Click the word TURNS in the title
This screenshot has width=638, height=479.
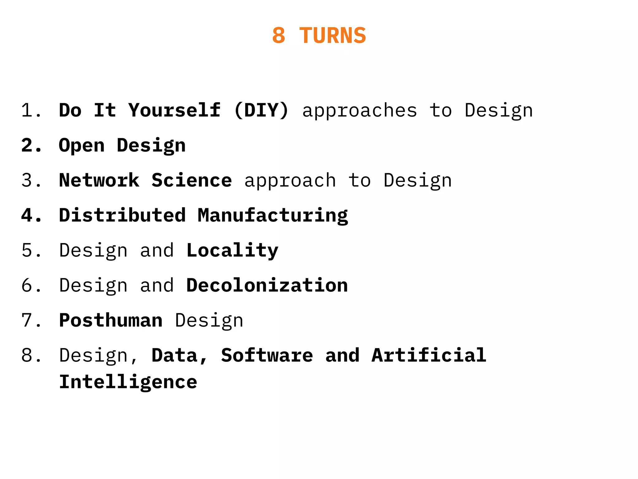pos(332,36)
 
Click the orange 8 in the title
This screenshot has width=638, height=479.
pos(279,36)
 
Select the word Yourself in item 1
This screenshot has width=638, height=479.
pos(174,110)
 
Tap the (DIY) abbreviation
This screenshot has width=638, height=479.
pos(261,110)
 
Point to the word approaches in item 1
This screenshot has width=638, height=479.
pos(359,111)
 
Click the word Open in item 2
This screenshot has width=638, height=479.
pos(82,146)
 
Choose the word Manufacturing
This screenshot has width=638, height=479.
pos(273,216)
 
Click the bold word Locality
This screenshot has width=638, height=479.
pos(232,251)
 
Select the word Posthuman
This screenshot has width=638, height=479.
pos(111,320)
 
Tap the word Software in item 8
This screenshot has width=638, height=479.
pos(267,355)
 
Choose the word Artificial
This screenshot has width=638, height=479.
pos(429,355)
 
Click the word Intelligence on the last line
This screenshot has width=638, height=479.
pos(128,382)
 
